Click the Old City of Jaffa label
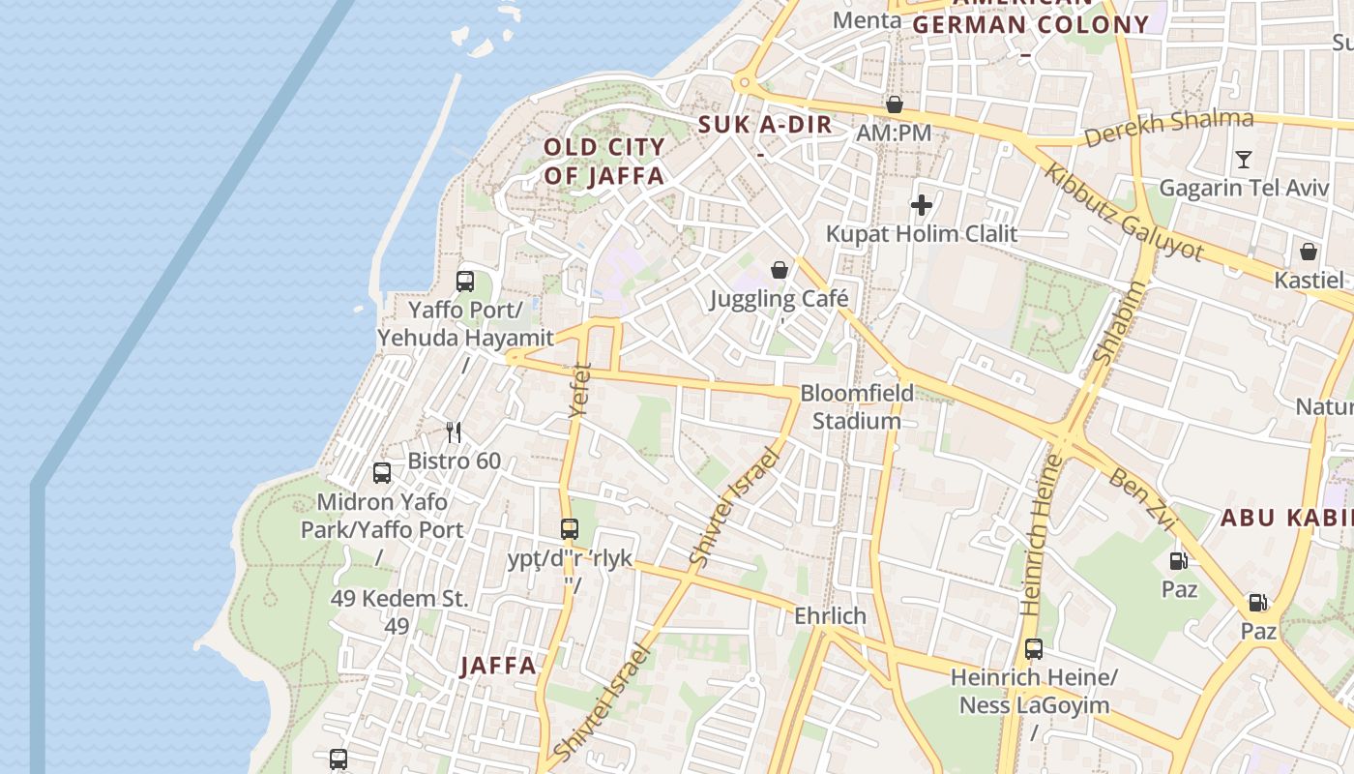(603, 162)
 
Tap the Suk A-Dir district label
(765, 125)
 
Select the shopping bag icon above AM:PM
(895, 104)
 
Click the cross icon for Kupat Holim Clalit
(921, 205)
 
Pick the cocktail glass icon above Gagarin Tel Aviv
(1244, 160)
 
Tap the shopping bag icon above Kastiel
(1309, 252)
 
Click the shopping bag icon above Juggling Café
(780, 270)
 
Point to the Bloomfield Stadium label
(857, 407)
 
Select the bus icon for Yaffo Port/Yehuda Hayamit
(465, 282)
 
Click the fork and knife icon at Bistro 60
(454, 432)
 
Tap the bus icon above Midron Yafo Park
(382, 473)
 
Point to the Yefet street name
(579, 389)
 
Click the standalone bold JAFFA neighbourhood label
(498, 666)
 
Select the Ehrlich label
(830, 616)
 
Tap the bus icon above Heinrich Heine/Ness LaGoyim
(1034, 649)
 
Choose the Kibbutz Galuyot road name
(1124, 213)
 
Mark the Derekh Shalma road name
(1168, 128)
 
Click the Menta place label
(860, 20)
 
